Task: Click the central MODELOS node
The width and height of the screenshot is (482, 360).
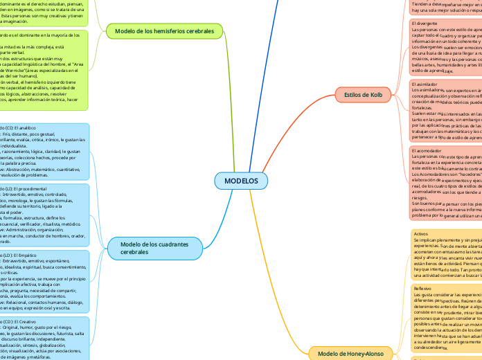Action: coord(241,181)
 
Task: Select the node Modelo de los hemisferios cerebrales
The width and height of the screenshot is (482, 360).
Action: coord(165,31)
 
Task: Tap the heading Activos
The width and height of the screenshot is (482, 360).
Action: coord(420,234)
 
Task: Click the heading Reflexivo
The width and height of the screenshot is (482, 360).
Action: coord(422,287)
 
